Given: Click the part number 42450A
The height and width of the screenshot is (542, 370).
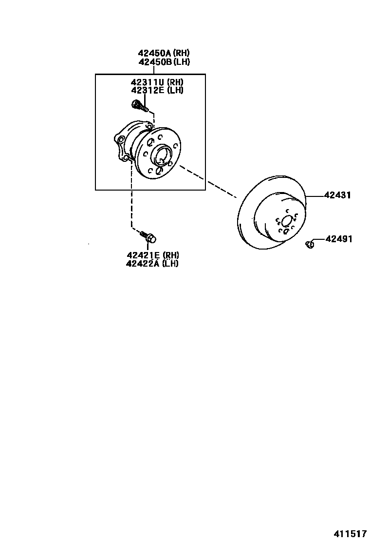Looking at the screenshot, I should tap(155, 53).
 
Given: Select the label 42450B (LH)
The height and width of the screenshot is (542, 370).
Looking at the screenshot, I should tap(164, 62).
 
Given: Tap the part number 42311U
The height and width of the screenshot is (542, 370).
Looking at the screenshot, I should tap(147, 82).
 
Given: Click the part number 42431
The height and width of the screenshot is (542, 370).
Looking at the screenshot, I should tap(339, 195).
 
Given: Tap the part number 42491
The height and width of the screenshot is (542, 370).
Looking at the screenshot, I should tap(339, 239).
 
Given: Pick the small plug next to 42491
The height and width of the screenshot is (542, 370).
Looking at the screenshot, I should tap(309, 243).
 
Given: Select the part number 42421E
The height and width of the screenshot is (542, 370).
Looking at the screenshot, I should tap(143, 255).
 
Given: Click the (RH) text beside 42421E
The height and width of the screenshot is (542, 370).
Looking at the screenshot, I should tap(171, 255).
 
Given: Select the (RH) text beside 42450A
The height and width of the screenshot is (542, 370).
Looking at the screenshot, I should tap(182, 53).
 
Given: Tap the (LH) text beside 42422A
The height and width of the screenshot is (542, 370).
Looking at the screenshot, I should tap(170, 264).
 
